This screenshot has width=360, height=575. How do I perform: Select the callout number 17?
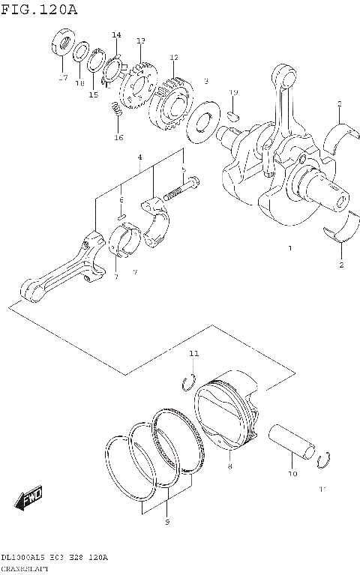coord(63,77)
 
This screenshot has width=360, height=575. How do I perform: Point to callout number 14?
coord(116,35)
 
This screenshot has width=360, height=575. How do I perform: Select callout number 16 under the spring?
coord(118,137)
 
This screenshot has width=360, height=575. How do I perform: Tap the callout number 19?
coord(233,92)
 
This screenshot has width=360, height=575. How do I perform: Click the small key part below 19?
coord(233,115)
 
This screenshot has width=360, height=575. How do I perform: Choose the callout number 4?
coord(139,157)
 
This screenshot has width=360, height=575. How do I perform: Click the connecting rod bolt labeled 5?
coord(180,190)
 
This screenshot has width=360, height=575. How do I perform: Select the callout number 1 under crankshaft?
coord(289,247)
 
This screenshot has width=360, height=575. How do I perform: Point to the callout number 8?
coord(230,466)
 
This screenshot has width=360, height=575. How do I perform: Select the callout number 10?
coord(292,474)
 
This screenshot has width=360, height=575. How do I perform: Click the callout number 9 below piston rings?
coord(166,521)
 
